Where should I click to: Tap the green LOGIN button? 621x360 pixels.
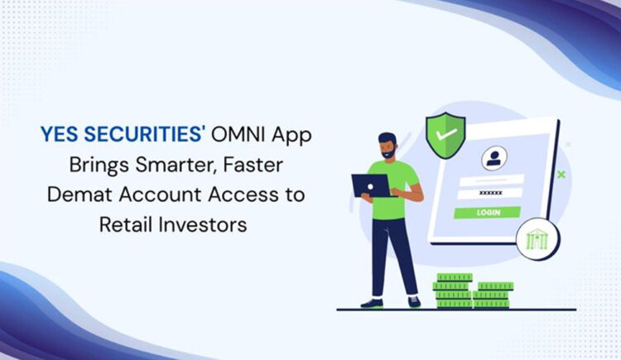488,212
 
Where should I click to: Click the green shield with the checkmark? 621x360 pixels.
445,132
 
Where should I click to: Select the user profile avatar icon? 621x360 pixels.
494,158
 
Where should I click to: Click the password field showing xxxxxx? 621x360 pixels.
490,193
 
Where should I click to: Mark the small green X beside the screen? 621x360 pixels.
561,174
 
